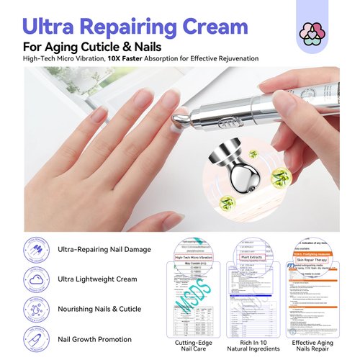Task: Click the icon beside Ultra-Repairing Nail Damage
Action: click(35, 249)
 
